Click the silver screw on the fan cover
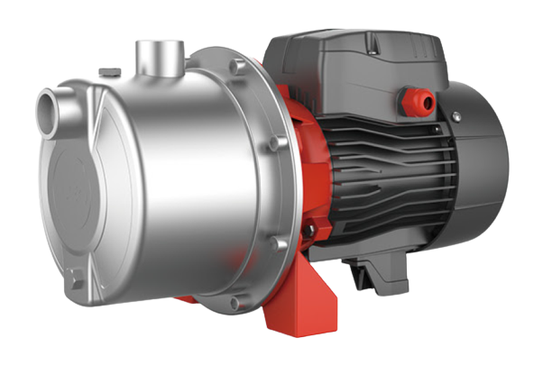click(x=458, y=116)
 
